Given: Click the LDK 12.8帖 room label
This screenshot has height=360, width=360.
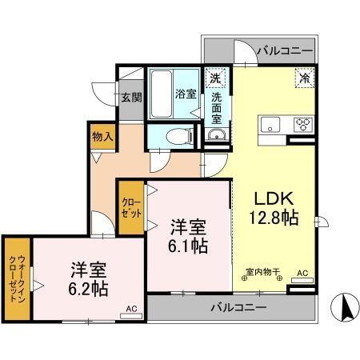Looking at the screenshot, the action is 274,208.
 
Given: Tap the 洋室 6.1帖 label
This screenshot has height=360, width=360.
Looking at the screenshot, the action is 188,236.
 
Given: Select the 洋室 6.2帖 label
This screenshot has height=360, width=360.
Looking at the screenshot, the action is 88,279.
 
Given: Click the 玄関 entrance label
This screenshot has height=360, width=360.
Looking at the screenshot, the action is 131,98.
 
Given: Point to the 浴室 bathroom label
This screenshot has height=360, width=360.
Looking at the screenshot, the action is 186,94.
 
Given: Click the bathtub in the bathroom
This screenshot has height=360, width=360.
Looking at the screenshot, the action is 161,94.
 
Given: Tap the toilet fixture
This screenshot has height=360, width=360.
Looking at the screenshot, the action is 179,136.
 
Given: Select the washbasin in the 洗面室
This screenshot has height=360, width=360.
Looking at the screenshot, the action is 216,134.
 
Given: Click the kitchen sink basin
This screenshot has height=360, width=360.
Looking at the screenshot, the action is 270,124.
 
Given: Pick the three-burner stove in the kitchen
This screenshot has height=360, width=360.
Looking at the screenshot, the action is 303,124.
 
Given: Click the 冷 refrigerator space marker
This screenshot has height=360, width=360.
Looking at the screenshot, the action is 305,78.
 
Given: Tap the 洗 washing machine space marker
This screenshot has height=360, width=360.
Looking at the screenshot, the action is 215,78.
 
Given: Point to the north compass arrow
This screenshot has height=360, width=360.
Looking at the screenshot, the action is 346,306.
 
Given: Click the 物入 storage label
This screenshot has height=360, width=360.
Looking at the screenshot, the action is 102,137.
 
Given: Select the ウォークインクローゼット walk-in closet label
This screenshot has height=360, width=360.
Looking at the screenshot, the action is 18,278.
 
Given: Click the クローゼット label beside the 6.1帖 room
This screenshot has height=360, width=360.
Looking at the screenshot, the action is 131,207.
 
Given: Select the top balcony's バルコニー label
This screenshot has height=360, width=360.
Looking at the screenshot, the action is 285,50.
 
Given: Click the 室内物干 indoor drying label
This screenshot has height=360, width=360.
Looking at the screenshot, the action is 262,272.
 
